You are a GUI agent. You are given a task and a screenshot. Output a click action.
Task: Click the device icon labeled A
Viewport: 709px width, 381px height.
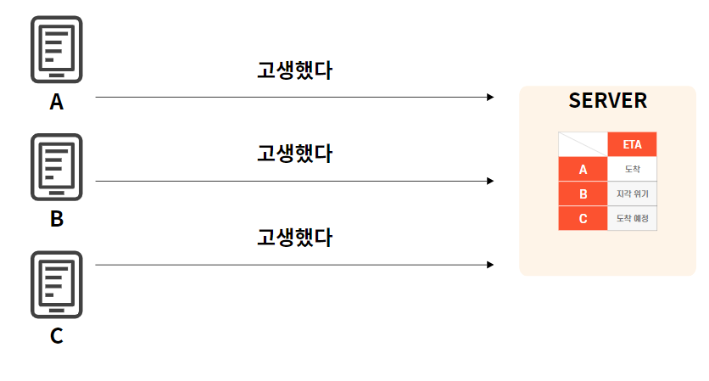tap(56, 49)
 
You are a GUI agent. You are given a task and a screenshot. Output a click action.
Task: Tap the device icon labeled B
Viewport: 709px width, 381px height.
tap(56, 166)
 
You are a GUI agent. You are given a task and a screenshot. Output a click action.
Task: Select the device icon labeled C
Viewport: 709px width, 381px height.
tap(56, 283)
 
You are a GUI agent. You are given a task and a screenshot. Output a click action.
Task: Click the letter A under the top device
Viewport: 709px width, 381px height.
tap(56, 103)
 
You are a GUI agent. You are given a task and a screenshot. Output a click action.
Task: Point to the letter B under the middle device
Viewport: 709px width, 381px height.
tap(56, 219)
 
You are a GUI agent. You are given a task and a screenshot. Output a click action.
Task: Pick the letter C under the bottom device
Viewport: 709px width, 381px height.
tap(56, 336)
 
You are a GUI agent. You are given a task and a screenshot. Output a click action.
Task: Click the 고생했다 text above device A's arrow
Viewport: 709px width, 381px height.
tap(294, 70)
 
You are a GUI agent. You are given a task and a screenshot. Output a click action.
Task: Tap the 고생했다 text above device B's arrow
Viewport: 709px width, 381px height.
tap(294, 154)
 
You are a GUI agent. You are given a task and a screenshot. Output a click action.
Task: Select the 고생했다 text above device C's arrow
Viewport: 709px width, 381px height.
tap(294, 237)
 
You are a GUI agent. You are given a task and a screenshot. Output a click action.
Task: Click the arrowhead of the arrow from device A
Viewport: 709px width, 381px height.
tap(490, 98)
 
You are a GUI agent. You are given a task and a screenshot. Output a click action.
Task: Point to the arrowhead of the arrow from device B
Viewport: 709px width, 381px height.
tap(490, 181)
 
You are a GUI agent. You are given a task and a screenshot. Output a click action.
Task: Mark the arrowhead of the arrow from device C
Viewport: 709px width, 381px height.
tap(490, 265)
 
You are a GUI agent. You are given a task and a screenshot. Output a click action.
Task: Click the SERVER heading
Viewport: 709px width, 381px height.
tap(607, 101)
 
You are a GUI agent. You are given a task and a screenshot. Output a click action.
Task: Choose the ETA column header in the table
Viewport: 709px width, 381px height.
tap(632, 144)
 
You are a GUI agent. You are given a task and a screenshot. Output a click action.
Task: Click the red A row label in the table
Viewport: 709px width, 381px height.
tap(583, 169)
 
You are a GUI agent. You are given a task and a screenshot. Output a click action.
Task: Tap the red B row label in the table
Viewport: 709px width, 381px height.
tap(583, 193)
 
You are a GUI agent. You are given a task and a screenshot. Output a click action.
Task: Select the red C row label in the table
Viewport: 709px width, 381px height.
tap(583, 218)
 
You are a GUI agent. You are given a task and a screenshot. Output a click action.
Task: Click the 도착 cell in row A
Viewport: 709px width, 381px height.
tap(632, 169)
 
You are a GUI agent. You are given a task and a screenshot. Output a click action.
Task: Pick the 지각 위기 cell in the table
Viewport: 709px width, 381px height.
tap(632, 193)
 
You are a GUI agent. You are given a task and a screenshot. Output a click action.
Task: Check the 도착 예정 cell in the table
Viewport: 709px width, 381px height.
tap(632, 218)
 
